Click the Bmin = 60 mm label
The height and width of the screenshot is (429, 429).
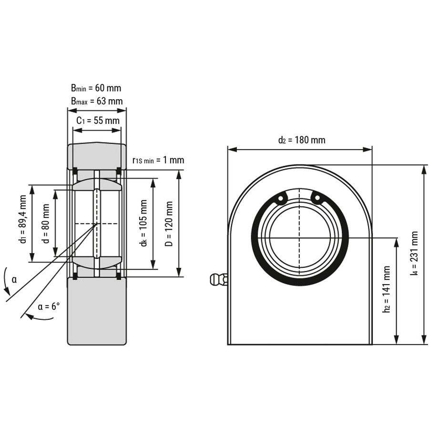pyautogui.click(x=96, y=88)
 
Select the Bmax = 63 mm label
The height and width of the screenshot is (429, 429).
pyautogui.click(x=97, y=101)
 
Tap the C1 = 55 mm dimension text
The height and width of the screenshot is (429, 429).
pyautogui.click(x=98, y=121)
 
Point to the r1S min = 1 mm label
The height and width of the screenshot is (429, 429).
pyautogui.click(x=158, y=160)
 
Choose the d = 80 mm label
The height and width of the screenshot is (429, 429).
pyautogui.click(x=46, y=224)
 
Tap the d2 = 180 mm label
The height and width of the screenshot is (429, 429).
pyautogui.click(x=302, y=140)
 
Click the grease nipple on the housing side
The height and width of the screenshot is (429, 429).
pyautogui.click(x=218, y=279)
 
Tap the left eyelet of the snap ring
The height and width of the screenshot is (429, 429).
pyautogui.click(x=282, y=198)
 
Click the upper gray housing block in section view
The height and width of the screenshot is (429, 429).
pyautogui.click(x=96, y=155)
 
